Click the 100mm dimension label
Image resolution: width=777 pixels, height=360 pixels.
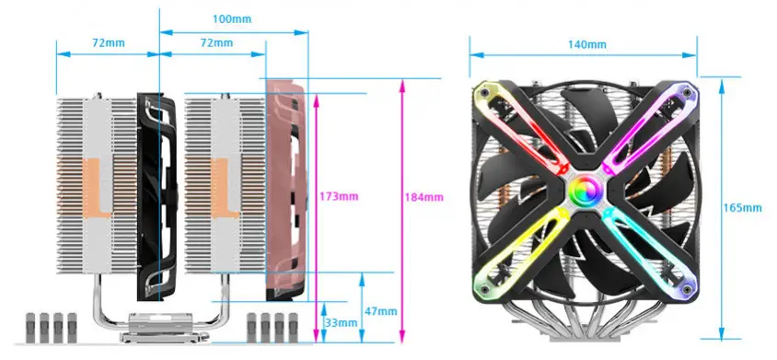point(232,19)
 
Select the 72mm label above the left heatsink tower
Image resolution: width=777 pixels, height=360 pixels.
point(109,42)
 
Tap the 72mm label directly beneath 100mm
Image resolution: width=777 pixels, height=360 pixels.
point(216,42)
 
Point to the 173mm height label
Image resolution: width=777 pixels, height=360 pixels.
point(339,196)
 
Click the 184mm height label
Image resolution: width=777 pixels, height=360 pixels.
point(424,197)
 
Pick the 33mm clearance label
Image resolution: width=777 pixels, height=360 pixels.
point(341,323)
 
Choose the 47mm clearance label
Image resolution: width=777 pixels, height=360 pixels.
point(381,311)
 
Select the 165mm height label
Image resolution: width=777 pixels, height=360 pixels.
point(742,208)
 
